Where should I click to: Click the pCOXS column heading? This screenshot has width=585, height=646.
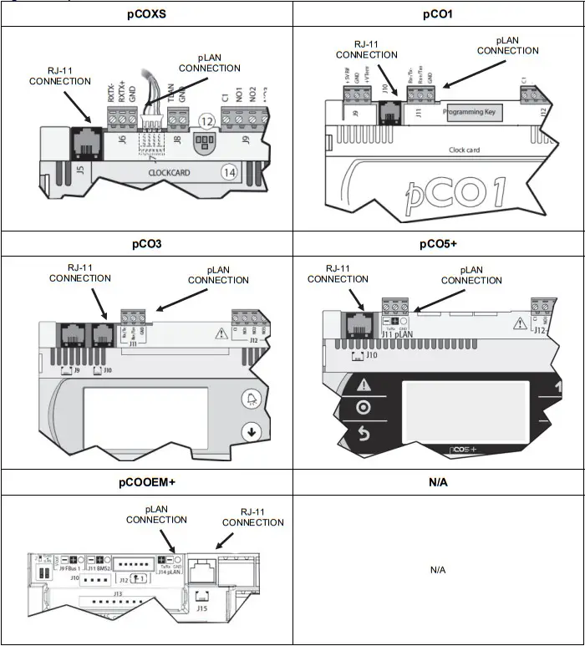146,13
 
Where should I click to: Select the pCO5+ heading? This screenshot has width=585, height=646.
438,244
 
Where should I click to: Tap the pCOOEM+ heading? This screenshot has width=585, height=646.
146,483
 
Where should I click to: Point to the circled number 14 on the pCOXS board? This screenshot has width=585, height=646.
229,172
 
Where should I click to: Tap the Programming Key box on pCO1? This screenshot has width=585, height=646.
473,111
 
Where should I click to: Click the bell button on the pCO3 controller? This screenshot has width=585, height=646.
250,399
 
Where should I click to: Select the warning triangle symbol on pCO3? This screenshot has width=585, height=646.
222,332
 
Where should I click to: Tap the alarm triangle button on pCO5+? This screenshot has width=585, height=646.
363,384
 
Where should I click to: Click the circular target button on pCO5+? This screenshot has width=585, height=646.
363,407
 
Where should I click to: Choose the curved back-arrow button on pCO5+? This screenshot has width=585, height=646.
363,432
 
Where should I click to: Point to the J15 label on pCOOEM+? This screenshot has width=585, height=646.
202,608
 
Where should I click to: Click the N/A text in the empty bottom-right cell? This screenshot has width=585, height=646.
438,569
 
